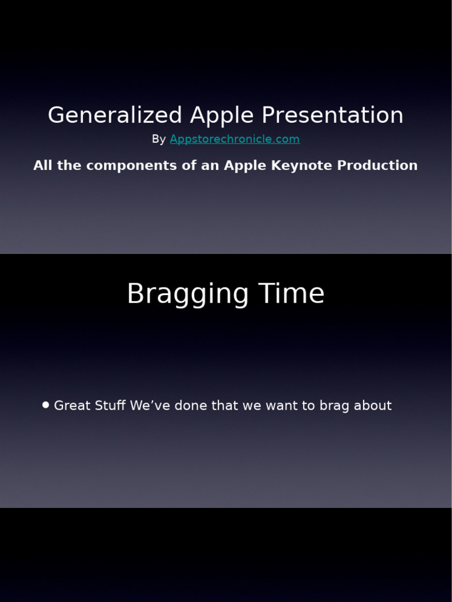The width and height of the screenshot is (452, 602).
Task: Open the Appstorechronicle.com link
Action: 235,139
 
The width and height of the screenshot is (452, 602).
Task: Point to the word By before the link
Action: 159,139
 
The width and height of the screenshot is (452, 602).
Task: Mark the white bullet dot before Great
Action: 46,405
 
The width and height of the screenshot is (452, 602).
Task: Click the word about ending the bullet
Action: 373,406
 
